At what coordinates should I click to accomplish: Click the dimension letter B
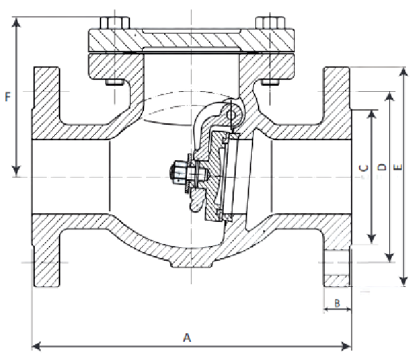tap(338, 303)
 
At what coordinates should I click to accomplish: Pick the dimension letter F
tap(7, 97)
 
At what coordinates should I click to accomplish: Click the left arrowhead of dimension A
tap(36, 346)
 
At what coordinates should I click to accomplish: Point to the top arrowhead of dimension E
tap(403, 72)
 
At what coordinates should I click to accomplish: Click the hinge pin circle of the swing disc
tap(232, 115)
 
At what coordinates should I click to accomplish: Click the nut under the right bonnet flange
tap(271, 82)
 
